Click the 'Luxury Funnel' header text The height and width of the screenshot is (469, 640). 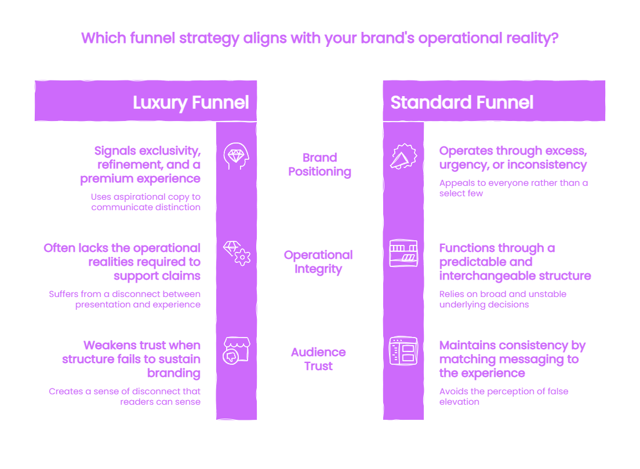coord(191,102)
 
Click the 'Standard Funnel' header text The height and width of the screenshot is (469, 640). coord(461,102)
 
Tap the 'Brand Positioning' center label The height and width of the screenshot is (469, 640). coord(319,165)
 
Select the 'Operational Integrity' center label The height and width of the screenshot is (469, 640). coord(318,262)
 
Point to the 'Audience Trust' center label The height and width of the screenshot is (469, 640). coord(318,359)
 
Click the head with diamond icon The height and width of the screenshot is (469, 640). coord(237,156)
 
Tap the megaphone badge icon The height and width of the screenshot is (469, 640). coord(403,156)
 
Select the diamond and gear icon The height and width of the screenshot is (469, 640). coord(237,253)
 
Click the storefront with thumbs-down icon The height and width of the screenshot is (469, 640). coord(237,350)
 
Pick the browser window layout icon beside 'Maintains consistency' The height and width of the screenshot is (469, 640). coord(403,351)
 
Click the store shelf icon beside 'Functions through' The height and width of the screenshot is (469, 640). coord(403,253)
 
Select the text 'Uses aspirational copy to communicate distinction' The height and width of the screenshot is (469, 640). coord(146,202)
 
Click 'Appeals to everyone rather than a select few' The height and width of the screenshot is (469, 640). coord(514,188)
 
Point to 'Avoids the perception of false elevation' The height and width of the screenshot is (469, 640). coord(504,397)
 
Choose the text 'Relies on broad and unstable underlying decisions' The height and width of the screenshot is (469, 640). coord(503,299)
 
